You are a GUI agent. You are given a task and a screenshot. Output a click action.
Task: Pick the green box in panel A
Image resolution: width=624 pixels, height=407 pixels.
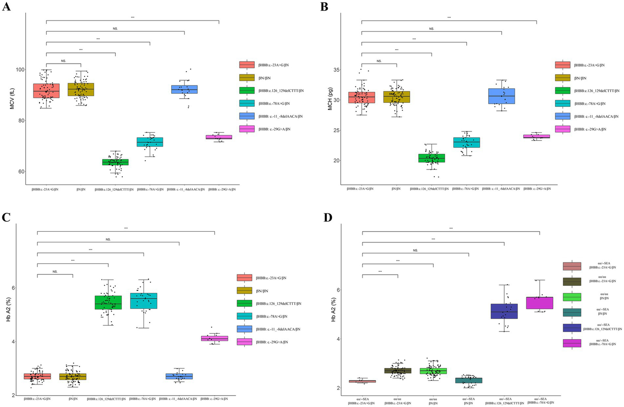[x=115, y=162]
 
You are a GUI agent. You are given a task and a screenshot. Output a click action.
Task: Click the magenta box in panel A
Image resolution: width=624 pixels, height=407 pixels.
[x=219, y=137]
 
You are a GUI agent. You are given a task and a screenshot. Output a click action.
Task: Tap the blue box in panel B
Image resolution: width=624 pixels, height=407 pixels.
[x=502, y=96]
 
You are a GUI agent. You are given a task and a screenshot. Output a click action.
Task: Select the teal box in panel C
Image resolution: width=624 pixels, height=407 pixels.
[x=143, y=301]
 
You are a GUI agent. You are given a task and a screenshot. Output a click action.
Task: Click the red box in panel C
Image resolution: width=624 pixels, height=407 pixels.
[x=37, y=377]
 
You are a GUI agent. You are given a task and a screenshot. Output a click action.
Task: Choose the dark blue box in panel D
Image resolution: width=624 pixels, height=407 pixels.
[x=504, y=311]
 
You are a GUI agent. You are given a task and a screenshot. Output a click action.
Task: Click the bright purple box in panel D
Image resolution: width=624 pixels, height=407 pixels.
[x=539, y=303]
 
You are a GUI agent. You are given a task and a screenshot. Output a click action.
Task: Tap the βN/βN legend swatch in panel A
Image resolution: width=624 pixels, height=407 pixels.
[x=247, y=78]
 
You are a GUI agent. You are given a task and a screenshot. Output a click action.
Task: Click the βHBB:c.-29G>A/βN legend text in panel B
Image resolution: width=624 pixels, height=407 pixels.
[x=590, y=129]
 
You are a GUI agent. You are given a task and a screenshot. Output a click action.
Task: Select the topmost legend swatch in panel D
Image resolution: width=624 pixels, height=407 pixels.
[x=572, y=266]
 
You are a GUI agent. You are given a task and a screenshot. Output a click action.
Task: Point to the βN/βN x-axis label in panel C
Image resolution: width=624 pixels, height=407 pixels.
[x=72, y=399]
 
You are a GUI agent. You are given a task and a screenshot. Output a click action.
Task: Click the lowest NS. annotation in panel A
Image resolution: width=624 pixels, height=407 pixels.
[x=63, y=61]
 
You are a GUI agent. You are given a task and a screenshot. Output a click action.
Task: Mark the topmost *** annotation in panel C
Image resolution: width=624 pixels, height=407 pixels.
[x=126, y=228]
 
